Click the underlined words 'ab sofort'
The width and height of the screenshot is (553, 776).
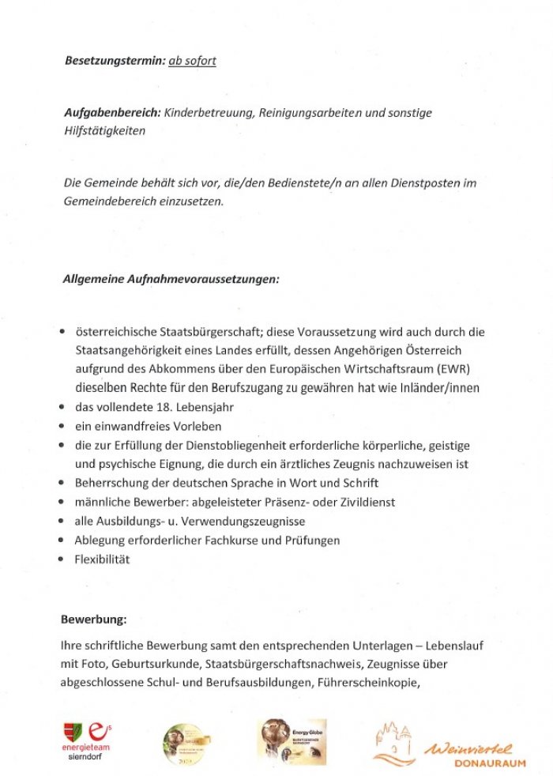pyautogui.click(x=192, y=61)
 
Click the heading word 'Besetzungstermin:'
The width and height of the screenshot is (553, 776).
pyautogui.click(x=115, y=61)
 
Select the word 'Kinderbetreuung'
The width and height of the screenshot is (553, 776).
pyautogui.click(x=207, y=113)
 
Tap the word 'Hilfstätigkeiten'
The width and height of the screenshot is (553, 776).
pyautogui.click(x=104, y=131)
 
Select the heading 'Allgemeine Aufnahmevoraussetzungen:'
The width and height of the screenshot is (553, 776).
pyautogui.click(x=171, y=278)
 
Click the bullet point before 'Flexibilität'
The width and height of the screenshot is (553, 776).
pyautogui.click(x=61, y=559)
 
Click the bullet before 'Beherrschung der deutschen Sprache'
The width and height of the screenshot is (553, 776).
pyautogui.click(x=61, y=484)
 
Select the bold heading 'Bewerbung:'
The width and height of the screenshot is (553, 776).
pyautogui.click(x=94, y=618)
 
